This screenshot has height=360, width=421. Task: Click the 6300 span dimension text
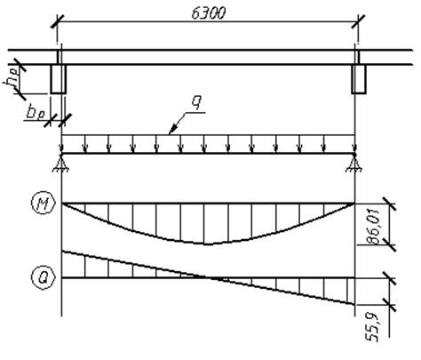pos(209,13)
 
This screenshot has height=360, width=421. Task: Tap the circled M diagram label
pos(44,204)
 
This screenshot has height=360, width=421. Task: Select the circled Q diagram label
pos(44,277)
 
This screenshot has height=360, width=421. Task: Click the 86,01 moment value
pos(373,227)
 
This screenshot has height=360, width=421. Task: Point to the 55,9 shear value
pos(372,327)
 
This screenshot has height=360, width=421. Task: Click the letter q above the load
pos(195,102)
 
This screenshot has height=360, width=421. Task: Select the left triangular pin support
pos(61,163)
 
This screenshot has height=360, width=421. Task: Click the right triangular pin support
pos(353,163)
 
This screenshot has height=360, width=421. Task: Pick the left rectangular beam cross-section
pos(58,79)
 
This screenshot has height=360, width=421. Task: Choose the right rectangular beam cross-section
pos(359,79)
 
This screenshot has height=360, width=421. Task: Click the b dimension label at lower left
pos(36,113)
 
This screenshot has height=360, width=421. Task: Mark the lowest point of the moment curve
pos(208,244)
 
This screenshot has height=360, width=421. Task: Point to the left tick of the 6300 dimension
pos(57,21)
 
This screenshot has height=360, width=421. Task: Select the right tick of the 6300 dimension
pos(358,21)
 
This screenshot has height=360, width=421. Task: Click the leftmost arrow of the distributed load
pos(61,144)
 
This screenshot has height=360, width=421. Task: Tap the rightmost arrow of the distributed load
pos(354,144)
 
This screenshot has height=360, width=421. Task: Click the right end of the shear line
pos(354,304)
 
